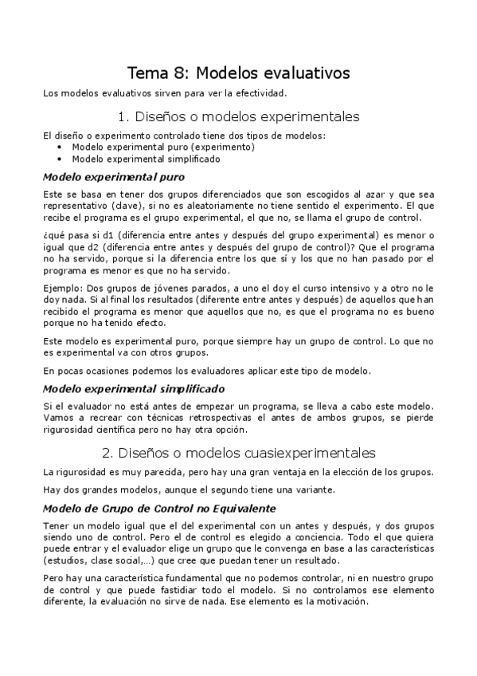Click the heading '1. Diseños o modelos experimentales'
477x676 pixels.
coord(238,116)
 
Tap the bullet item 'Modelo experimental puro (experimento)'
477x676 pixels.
coord(163,147)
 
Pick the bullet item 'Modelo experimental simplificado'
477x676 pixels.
coord(146,158)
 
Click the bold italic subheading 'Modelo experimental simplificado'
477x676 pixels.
coord(133,389)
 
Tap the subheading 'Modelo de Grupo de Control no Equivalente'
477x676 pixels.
coord(159,507)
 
